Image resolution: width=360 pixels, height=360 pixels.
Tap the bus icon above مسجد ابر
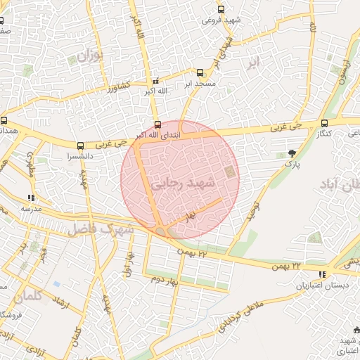tap(200, 72)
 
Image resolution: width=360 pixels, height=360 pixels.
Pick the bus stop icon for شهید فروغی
tap(221, 10)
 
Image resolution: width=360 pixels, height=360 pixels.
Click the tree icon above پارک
tap(292, 153)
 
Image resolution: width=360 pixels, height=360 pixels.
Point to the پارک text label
tap(292, 164)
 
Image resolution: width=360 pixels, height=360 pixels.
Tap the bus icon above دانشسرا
tap(79, 146)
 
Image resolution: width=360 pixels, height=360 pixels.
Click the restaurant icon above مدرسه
tap(30, 198)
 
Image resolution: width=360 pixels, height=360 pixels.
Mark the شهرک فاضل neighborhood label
tap(102, 229)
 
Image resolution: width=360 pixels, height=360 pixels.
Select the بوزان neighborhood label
tap(89, 54)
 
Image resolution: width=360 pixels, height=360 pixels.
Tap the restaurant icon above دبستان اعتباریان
tap(322, 275)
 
